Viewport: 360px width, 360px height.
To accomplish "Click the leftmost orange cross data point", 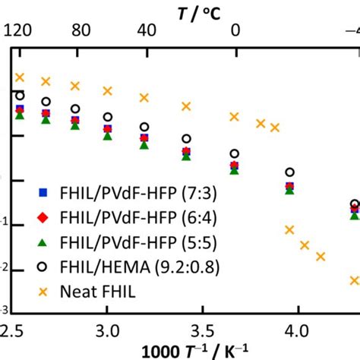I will pos(21,77).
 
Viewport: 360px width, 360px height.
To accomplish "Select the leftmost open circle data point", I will pos(21,96).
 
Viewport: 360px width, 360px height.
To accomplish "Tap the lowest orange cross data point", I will pos(355,279).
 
